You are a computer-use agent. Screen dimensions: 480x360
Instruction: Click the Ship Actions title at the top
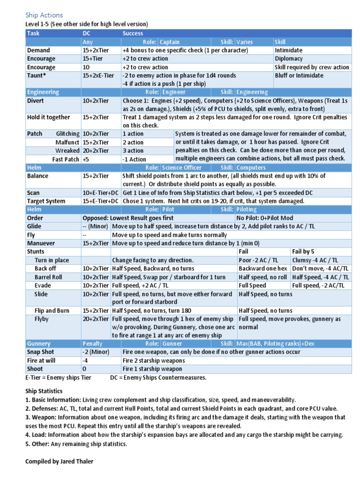pos(44,15)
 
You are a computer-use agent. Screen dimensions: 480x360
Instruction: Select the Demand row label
pos(38,50)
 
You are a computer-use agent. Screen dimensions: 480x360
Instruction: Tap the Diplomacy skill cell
pos(289,59)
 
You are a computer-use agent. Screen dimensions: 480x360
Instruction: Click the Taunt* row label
pos(37,75)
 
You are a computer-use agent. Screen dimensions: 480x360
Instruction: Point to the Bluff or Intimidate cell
pos(299,75)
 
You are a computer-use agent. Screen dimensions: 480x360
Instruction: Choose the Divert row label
pos(36,100)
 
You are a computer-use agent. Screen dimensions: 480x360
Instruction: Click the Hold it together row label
pos(49,117)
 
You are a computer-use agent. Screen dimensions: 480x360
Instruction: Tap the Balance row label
pos(38,176)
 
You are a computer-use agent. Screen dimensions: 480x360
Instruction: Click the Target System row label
pos(46,201)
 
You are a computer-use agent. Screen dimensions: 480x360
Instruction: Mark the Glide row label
pos(35,226)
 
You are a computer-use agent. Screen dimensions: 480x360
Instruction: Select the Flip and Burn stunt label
pos(52,311)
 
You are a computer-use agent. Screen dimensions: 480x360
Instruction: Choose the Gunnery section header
pos(39,344)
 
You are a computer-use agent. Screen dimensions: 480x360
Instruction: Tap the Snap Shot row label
pos(41,352)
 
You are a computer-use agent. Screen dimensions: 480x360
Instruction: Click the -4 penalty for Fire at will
pos(86,360)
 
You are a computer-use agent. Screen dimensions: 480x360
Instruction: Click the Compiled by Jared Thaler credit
pos(59,461)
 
